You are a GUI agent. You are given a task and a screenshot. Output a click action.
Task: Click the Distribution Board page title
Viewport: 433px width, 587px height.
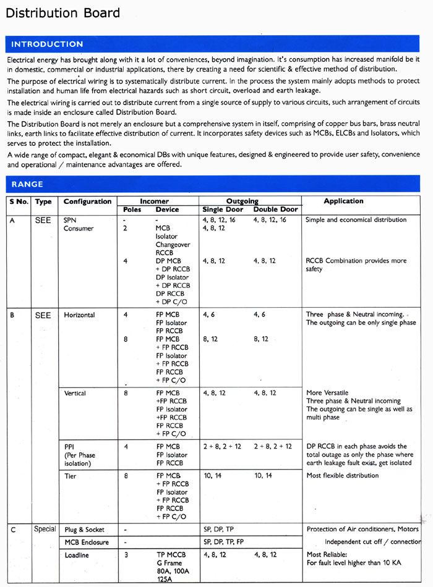pos(62,13)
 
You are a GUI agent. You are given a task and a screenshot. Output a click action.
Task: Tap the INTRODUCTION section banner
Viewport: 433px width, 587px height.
pos(47,44)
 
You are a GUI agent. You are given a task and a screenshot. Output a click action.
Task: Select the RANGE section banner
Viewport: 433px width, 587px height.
pos(27,184)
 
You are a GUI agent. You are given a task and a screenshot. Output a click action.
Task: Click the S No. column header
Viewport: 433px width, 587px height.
pos(19,201)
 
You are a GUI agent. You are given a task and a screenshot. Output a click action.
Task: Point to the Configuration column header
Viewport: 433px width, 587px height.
pos(87,201)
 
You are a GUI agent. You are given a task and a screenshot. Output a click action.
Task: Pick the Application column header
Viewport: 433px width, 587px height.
pos(343,201)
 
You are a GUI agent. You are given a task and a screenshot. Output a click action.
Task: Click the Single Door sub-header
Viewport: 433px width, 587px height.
pos(221,209)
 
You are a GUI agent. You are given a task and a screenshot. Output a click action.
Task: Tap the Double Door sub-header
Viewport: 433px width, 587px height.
pos(275,209)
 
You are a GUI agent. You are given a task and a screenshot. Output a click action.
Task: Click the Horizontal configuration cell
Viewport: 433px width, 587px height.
pos(79,315)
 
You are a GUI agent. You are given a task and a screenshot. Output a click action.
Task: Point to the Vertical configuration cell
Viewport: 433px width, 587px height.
pos(75,393)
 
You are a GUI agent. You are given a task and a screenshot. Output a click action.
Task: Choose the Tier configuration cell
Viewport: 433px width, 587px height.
pos(70,476)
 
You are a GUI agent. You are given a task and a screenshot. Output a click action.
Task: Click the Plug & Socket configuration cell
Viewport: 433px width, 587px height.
pos(84,530)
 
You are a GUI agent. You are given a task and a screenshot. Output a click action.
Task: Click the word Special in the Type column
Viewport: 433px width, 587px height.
pos(45,529)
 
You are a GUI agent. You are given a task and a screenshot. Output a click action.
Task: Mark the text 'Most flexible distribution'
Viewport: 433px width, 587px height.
pos(343,476)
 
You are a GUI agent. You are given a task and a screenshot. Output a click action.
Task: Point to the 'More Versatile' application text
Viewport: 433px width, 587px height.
pos(327,393)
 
